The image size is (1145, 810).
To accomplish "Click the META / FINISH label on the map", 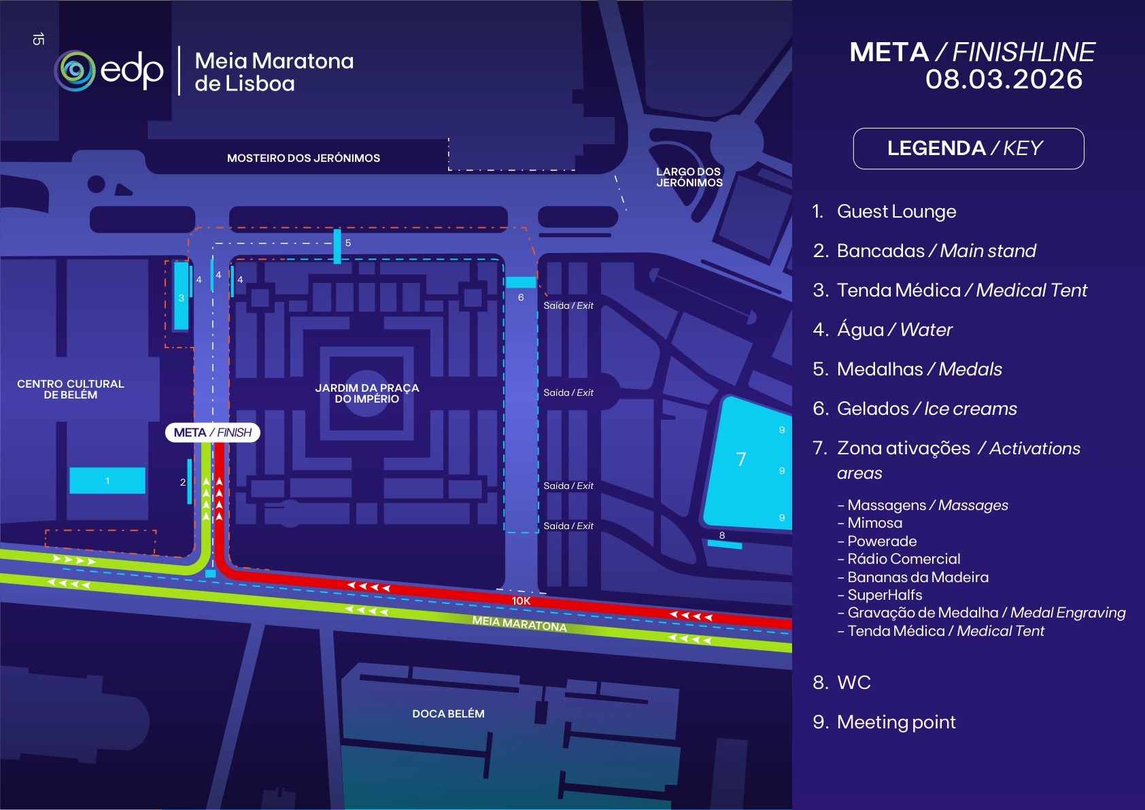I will click(x=213, y=433).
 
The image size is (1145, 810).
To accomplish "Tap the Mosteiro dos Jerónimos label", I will click(x=303, y=158).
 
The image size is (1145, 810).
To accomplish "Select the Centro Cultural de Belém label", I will click(x=71, y=390).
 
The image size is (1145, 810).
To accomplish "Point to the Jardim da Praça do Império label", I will click(x=367, y=393).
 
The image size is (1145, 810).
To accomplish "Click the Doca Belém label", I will click(x=448, y=714).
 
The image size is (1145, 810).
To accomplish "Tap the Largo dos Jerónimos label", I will click(x=689, y=178).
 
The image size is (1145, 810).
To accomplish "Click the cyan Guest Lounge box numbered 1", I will click(x=107, y=481).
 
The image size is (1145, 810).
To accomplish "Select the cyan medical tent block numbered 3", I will click(x=182, y=297).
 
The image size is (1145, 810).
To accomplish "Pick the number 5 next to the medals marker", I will click(x=348, y=243).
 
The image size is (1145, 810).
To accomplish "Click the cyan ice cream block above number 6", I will click(x=521, y=282).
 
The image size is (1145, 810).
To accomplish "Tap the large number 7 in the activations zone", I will click(x=741, y=460).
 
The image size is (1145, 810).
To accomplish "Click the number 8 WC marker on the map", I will click(x=722, y=536).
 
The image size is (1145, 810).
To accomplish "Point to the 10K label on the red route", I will click(x=521, y=601).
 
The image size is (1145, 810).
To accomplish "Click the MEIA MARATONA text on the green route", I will click(x=519, y=624).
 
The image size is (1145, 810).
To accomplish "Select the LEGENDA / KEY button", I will click(x=968, y=148).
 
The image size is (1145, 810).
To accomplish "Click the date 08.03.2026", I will click(x=1004, y=80).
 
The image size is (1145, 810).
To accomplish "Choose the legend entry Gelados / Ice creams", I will click(x=915, y=409).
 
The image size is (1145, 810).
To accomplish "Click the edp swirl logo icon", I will click(x=75, y=71).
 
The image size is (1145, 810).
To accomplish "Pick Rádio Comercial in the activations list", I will click(x=904, y=559).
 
